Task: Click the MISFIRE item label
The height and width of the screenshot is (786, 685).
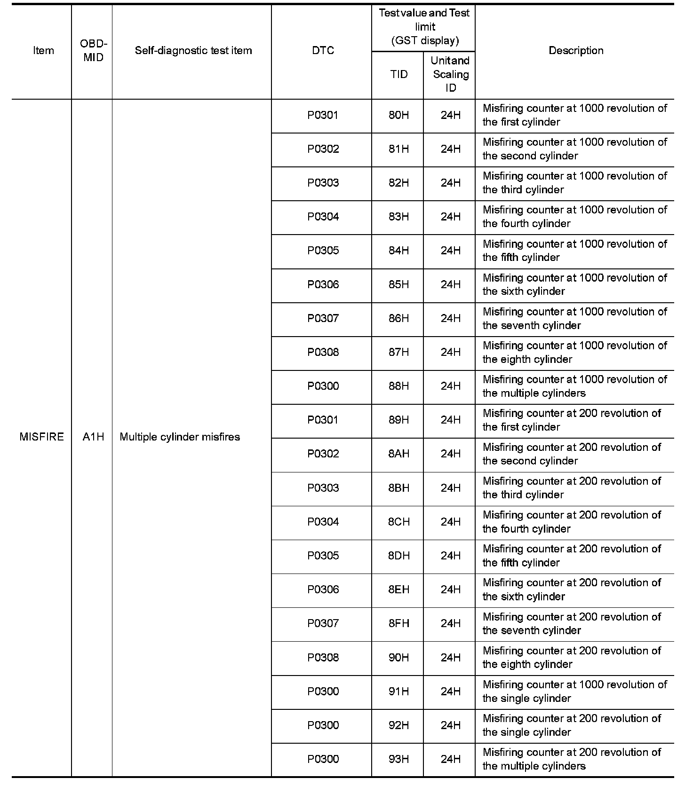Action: [41, 437]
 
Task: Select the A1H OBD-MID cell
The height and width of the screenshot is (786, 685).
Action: [93, 437]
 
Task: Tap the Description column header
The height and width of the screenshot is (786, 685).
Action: [576, 50]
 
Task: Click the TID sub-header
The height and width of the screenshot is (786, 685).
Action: [398, 74]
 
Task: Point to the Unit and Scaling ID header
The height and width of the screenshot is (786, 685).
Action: [450, 74]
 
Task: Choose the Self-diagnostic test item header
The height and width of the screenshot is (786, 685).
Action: [193, 50]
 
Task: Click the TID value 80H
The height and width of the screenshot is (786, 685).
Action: [398, 115]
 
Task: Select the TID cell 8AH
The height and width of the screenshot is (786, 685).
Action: [398, 454]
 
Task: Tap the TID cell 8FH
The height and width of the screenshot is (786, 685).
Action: [398, 623]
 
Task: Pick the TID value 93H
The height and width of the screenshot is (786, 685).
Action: [398, 759]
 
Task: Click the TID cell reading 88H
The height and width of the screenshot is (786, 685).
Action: [398, 386]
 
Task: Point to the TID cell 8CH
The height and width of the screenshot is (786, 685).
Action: [398, 522]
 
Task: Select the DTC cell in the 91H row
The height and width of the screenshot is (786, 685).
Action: [323, 691]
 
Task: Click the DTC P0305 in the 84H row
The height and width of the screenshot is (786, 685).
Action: [323, 251]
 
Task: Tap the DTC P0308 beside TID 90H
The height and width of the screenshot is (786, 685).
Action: [323, 657]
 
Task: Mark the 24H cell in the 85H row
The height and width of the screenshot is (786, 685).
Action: [450, 284]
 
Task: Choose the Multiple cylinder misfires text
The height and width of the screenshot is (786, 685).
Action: [180, 437]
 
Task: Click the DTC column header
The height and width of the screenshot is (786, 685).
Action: [323, 50]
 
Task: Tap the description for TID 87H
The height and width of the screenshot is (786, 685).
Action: [574, 352]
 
